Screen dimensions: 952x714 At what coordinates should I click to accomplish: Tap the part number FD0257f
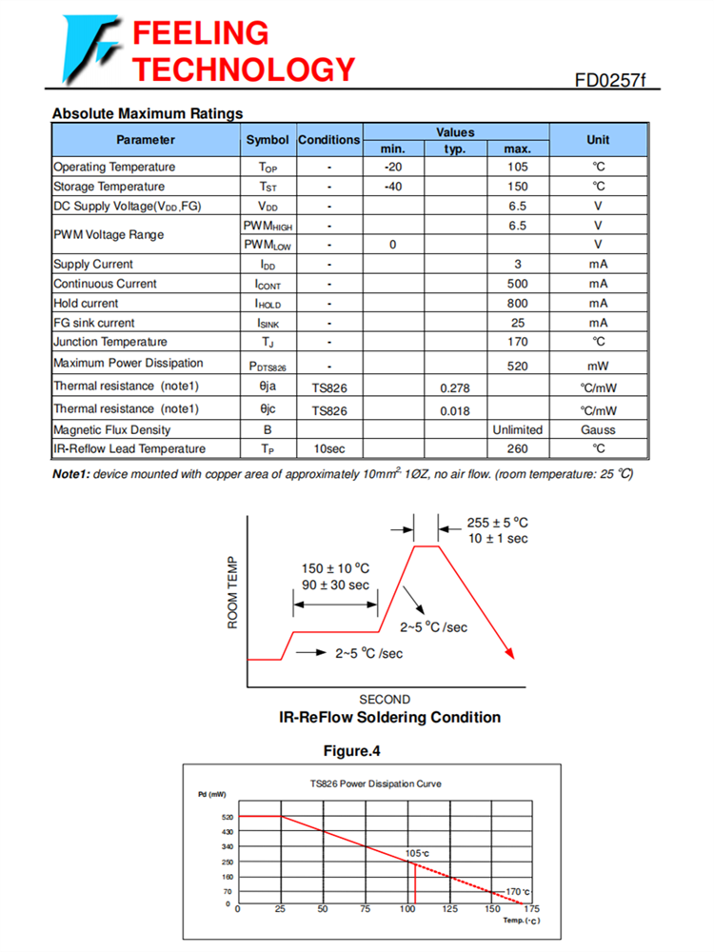(x=609, y=80)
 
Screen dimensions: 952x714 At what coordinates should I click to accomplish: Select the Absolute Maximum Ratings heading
(x=148, y=114)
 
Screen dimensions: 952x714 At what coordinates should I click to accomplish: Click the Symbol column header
(x=268, y=140)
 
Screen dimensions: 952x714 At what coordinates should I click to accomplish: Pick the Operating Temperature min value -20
(x=392, y=168)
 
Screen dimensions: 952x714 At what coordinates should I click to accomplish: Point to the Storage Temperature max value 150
(x=517, y=187)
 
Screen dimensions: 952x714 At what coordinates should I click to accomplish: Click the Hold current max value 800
(x=517, y=303)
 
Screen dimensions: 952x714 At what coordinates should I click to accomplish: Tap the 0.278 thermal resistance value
(x=455, y=387)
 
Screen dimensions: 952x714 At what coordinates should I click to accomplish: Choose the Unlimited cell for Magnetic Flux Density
(x=517, y=430)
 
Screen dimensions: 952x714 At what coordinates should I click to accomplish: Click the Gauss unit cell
(x=598, y=430)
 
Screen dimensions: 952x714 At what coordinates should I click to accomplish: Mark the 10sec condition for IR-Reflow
(x=328, y=449)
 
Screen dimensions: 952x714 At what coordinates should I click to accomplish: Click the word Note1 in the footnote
(x=70, y=474)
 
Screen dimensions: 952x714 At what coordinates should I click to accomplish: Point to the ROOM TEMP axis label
(x=232, y=592)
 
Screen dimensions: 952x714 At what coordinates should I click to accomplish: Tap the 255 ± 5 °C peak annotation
(x=497, y=523)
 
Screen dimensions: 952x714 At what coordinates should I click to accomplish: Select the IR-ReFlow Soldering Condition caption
(x=389, y=717)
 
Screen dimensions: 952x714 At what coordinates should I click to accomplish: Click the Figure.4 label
(x=351, y=751)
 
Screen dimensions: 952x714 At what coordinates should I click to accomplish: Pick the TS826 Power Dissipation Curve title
(x=375, y=783)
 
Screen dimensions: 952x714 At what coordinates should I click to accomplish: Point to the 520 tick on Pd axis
(x=227, y=817)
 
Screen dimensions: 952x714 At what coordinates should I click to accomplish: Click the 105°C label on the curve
(x=417, y=853)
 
